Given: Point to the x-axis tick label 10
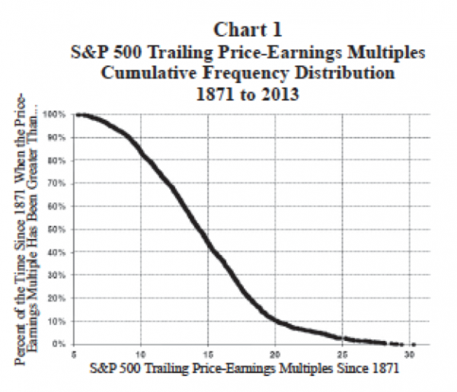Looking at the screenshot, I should pos(140,355).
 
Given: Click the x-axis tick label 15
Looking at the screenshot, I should pos(208,355).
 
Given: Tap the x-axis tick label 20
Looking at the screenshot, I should pos(275,355).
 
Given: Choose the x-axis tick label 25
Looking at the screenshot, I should pos(343,355).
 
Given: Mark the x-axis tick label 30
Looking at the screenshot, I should pos(411,355).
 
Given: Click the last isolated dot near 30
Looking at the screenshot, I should pos(414,344).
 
